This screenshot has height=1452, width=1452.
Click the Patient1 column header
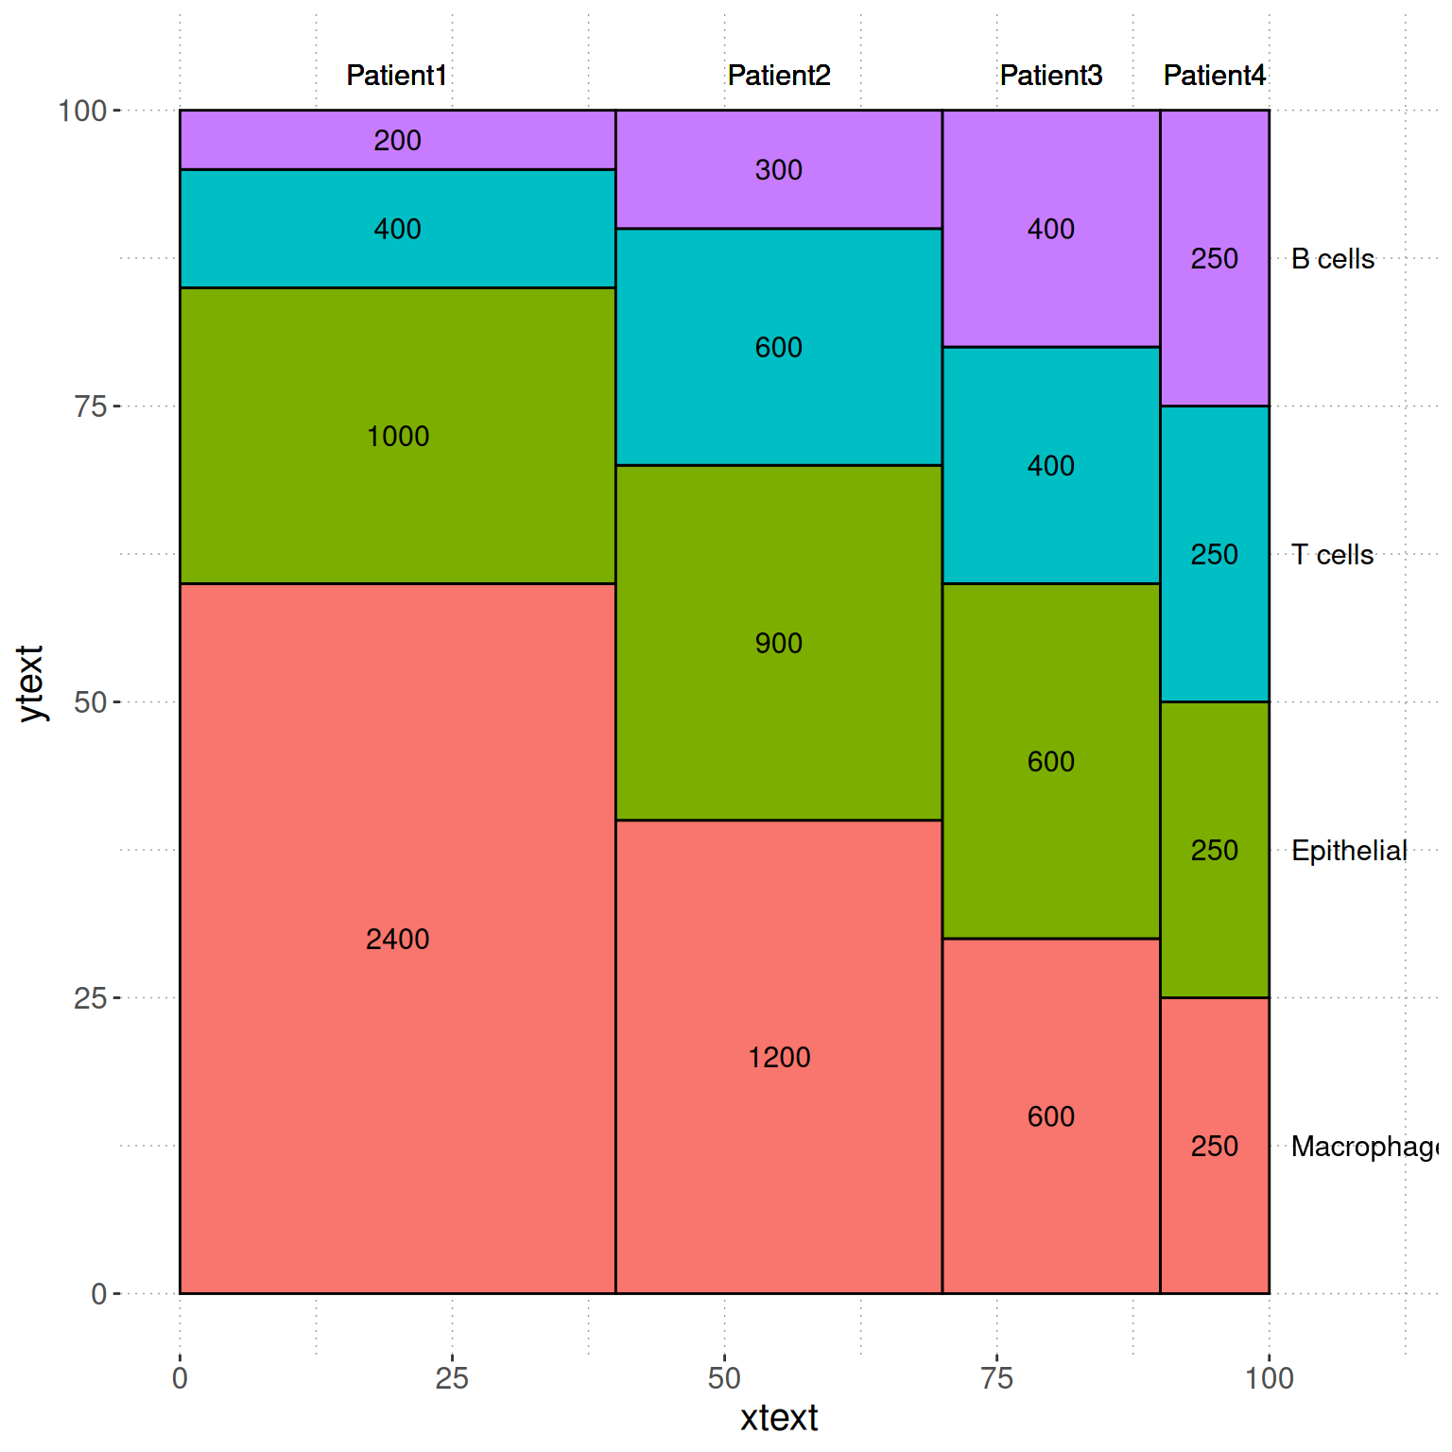397,76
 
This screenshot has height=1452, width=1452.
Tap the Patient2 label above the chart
779,76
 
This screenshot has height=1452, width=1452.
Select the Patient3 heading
1051,76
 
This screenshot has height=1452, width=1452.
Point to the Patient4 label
1214,76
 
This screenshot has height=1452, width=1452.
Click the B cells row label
1333,259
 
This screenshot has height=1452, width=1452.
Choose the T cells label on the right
1333,555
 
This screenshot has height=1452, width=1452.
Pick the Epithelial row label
1349,851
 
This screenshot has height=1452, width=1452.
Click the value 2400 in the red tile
397,940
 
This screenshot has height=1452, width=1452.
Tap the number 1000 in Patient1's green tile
397,437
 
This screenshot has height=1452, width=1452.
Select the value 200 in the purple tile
397,141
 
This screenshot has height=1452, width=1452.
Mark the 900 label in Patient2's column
779,644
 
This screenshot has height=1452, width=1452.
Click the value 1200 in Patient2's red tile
779,1058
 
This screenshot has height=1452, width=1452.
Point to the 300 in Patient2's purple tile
779,170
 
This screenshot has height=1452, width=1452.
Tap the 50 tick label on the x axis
724,1378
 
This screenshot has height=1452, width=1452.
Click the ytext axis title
30,684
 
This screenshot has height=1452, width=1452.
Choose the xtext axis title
779,1419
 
